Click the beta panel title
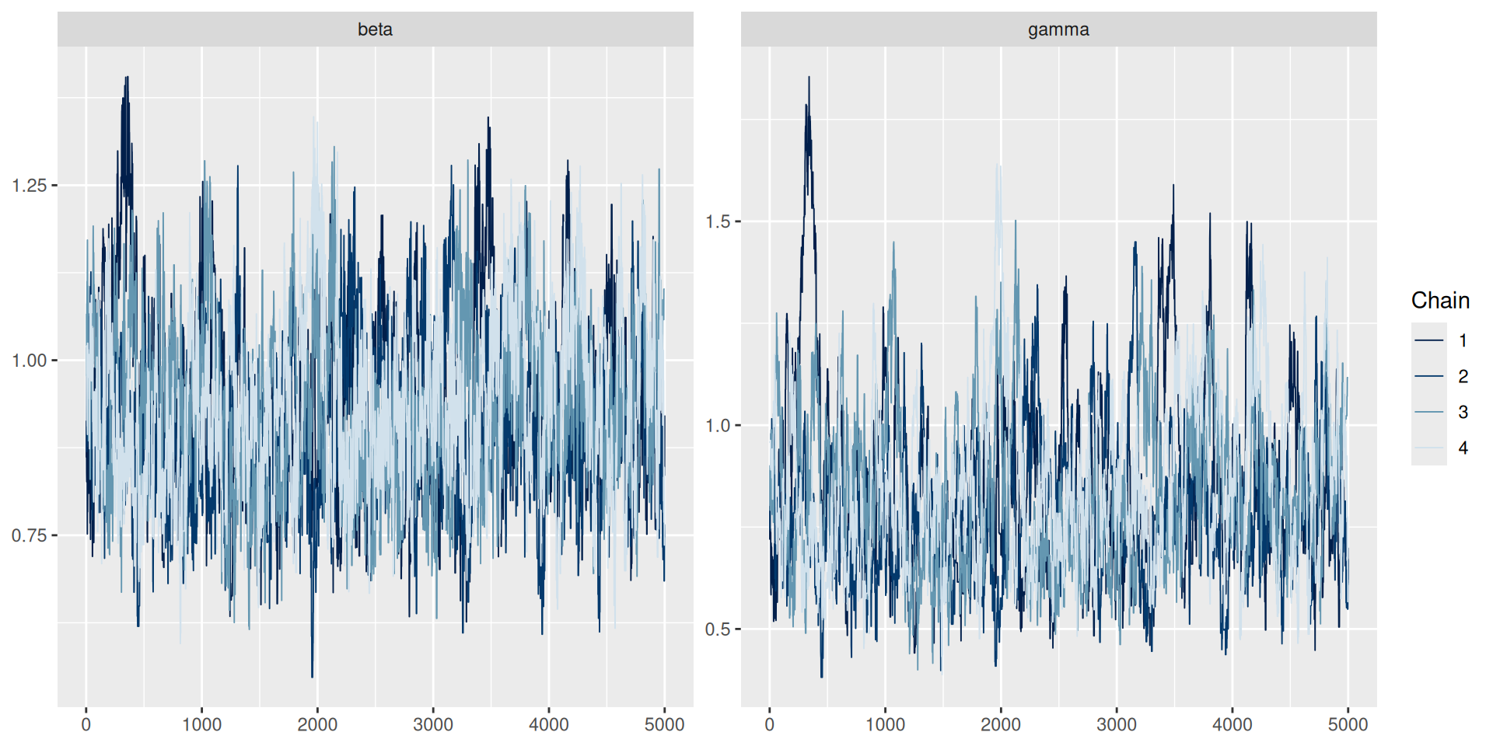pos(375,30)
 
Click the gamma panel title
pos(1058,30)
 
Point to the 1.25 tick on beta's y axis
pos(30,186)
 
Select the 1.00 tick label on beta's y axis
pos(30,361)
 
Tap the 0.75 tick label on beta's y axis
pos(30,535)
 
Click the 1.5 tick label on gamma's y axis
pos(718,221)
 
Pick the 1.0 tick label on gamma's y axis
pos(718,426)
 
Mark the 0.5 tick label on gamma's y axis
pos(718,629)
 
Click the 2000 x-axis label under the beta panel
pos(317,725)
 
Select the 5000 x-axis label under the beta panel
pos(664,725)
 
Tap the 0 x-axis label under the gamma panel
pos(769,725)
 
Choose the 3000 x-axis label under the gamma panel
pos(1117,725)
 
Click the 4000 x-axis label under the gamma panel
pos(1233,725)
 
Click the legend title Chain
pos(1440,301)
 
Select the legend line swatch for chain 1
pos(1429,340)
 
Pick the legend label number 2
pos(1463,377)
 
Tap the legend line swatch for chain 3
pos(1429,412)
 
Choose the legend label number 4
pos(1463,448)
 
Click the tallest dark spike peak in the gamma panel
pos(809,77)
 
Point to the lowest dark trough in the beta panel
pos(313,677)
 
